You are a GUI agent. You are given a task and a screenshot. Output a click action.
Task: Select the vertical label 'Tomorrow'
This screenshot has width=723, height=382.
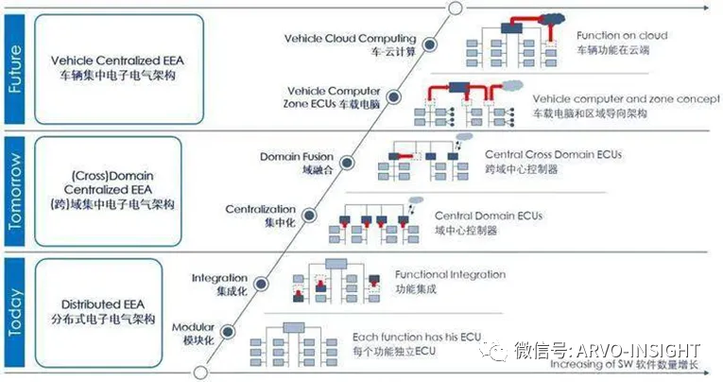click(15, 192)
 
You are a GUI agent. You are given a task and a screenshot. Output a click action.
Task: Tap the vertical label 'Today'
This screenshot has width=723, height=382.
click(15, 313)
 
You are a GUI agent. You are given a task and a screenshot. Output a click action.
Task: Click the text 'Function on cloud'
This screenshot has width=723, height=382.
click(622, 36)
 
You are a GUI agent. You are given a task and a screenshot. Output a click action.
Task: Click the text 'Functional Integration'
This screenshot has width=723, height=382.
click(450, 274)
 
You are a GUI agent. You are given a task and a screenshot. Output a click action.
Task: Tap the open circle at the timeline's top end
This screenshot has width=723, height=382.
click(455, 9)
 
